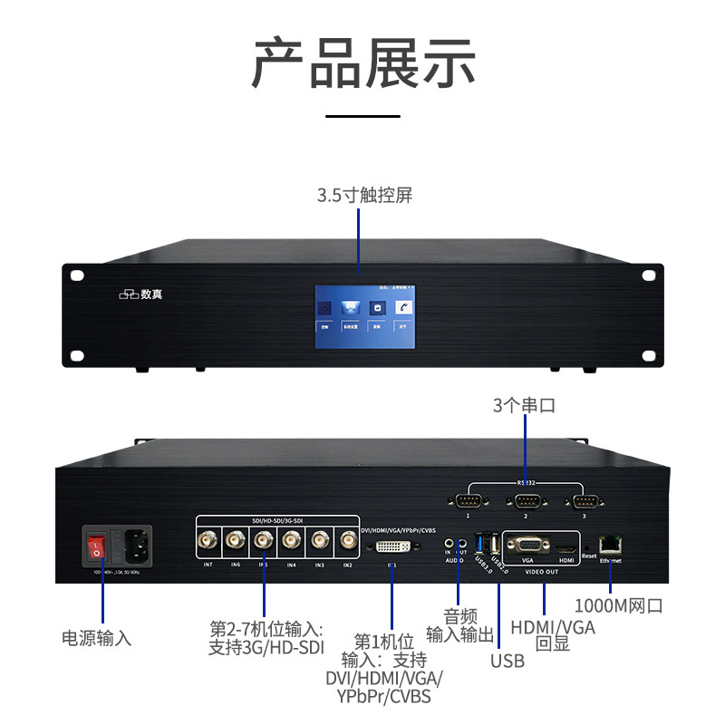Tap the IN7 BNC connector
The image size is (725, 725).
pyautogui.click(x=208, y=543)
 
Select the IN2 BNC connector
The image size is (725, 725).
pyautogui.click(x=346, y=543)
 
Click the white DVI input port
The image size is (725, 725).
pyautogui.click(x=393, y=546)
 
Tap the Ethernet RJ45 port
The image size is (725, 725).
pyautogui.click(x=612, y=544)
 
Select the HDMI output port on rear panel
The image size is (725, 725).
pyautogui.click(x=566, y=548)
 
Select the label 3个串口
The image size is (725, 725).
pyautogui.click(x=524, y=405)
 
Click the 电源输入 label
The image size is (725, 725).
pyautogui.click(x=96, y=637)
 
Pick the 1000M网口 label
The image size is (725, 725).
pyautogui.click(x=620, y=605)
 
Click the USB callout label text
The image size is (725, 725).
pyautogui.click(x=507, y=661)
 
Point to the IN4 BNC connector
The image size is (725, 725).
pyautogui.click(x=291, y=543)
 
